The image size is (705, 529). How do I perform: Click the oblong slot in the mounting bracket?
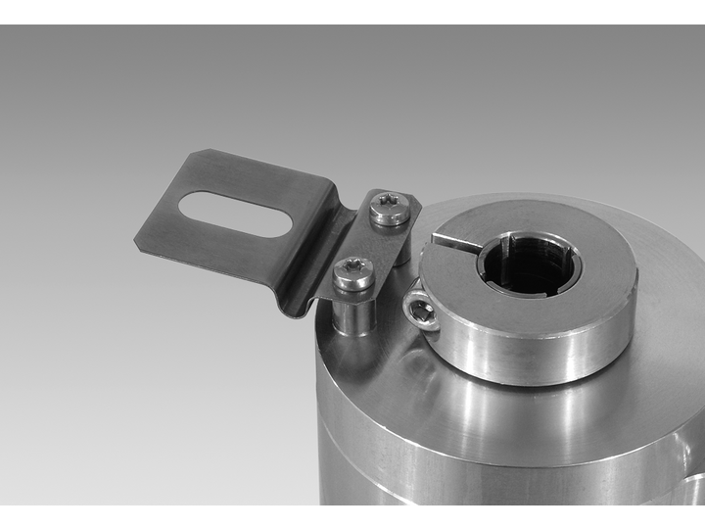coord(235,213)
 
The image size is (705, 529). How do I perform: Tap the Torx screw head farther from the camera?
coord(390,208)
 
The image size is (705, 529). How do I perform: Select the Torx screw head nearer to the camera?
coord(352,272)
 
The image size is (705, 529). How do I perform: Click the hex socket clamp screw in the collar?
coord(419,312)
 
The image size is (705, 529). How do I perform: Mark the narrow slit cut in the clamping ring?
coord(456,241)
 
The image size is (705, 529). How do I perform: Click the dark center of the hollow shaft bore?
coord(529,266)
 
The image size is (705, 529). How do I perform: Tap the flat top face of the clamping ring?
coord(587,245)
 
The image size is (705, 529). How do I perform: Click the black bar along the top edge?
coord(352,12)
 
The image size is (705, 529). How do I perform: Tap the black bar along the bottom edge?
coord(352,516)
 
